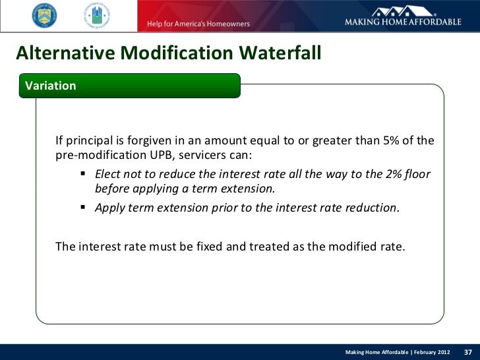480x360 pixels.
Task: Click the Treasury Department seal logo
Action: coord(44,15)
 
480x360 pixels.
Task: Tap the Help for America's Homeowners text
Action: coord(194,24)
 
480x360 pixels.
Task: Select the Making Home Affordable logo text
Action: coord(403,22)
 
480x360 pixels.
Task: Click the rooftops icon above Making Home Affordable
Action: coord(403,10)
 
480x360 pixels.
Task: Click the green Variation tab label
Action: coord(50,86)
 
